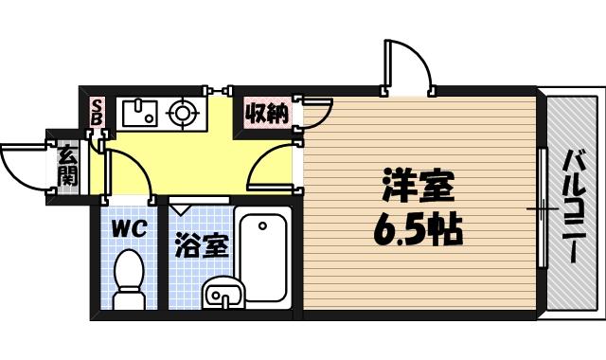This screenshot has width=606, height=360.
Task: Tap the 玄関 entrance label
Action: point(67,167)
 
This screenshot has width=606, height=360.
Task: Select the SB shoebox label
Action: point(98,113)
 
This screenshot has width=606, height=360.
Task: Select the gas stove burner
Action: point(183,115)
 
